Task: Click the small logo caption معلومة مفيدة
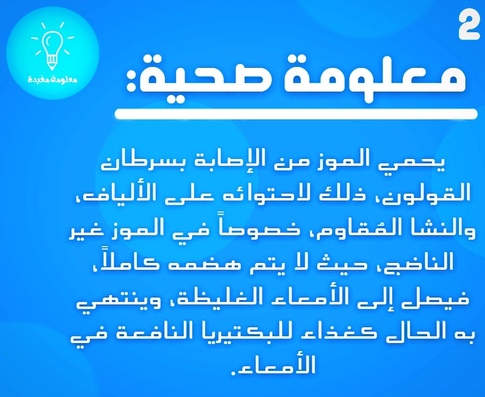tap(52, 79)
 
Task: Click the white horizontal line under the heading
tap(296, 113)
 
